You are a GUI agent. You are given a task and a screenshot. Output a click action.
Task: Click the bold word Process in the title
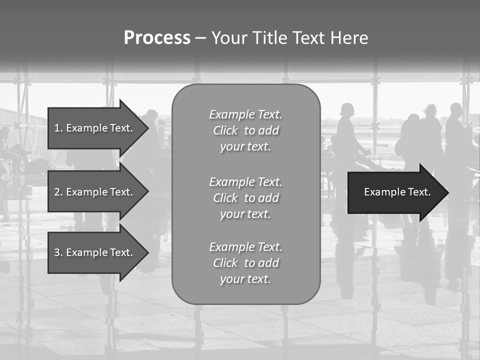tap(157, 38)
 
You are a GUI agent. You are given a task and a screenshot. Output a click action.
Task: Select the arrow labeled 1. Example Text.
tap(95, 128)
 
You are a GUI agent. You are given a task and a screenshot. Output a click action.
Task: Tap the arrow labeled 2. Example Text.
tap(95, 192)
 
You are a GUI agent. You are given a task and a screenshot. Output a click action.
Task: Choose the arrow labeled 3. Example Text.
tap(95, 252)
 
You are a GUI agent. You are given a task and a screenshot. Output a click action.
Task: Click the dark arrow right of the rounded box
tap(395, 192)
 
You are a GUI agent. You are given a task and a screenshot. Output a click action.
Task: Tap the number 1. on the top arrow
tap(58, 128)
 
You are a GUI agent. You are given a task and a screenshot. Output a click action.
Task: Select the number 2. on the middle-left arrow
tap(58, 192)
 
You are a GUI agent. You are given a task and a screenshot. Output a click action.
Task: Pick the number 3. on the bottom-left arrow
tap(58, 252)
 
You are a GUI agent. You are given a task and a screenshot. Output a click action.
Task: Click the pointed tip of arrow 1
tap(146, 128)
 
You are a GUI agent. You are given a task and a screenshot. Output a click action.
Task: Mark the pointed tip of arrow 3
tap(146, 252)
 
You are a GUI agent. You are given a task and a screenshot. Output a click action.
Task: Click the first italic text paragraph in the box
tap(245, 130)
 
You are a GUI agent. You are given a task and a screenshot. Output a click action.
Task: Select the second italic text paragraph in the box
tap(245, 198)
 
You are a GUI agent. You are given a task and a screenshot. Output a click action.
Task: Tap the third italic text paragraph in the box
tap(245, 263)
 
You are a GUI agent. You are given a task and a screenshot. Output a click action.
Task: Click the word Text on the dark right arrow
tap(419, 192)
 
